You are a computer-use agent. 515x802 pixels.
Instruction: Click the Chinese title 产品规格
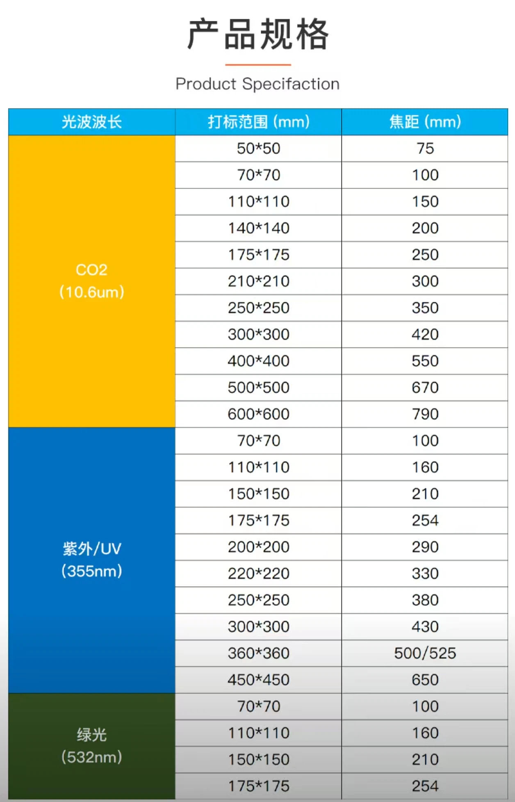pyautogui.click(x=258, y=34)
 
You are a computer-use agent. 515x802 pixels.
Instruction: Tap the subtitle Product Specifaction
pyautogui.click(x=257, y=84)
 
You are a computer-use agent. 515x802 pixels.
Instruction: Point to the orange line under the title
pyautogui.click(x=258, y=65)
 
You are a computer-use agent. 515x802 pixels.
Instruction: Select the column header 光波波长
pyautogui.click(x=92, y=122)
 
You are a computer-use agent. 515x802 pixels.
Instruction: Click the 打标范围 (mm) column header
pyautogui.click(x=258, y=122)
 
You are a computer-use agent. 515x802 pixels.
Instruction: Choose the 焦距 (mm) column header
pyautogui.click(x=425, y=122)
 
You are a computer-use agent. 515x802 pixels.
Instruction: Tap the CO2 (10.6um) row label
pyautogui.click(x=92, y=281)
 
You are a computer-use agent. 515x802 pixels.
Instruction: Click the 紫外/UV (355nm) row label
pyautogui.click(x=92, y=560)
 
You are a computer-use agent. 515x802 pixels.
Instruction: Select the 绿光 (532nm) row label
pyautogui.click(x=92, y=746)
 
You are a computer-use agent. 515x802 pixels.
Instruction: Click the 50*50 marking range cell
pyautogui.click(x=258, y=149)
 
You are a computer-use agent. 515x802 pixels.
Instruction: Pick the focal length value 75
pyautogui.click(x=425, y=149)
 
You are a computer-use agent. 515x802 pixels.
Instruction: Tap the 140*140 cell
pyautogui.click(x=258, y=228)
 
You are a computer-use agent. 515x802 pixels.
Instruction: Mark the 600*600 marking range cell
pyautogui.click(x=258, y=414)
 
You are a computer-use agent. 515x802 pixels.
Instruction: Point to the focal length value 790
pyautogui.click(x=425, y=414)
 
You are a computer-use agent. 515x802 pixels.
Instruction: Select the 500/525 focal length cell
pyautogui.click(x=425, y=653)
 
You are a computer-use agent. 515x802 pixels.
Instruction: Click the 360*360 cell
pyautogui.click(x=258, y=653)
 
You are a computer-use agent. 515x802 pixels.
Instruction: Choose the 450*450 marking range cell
pyautogui.click(x=258, y=680)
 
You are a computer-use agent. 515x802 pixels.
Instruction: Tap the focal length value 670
pyautogui.click(x=425, y=388)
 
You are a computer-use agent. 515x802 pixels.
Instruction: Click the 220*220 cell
pyautogui.click(x=258, y=574)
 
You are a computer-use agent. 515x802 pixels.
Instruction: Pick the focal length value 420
pyautogui.click(x=425, y=334)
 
